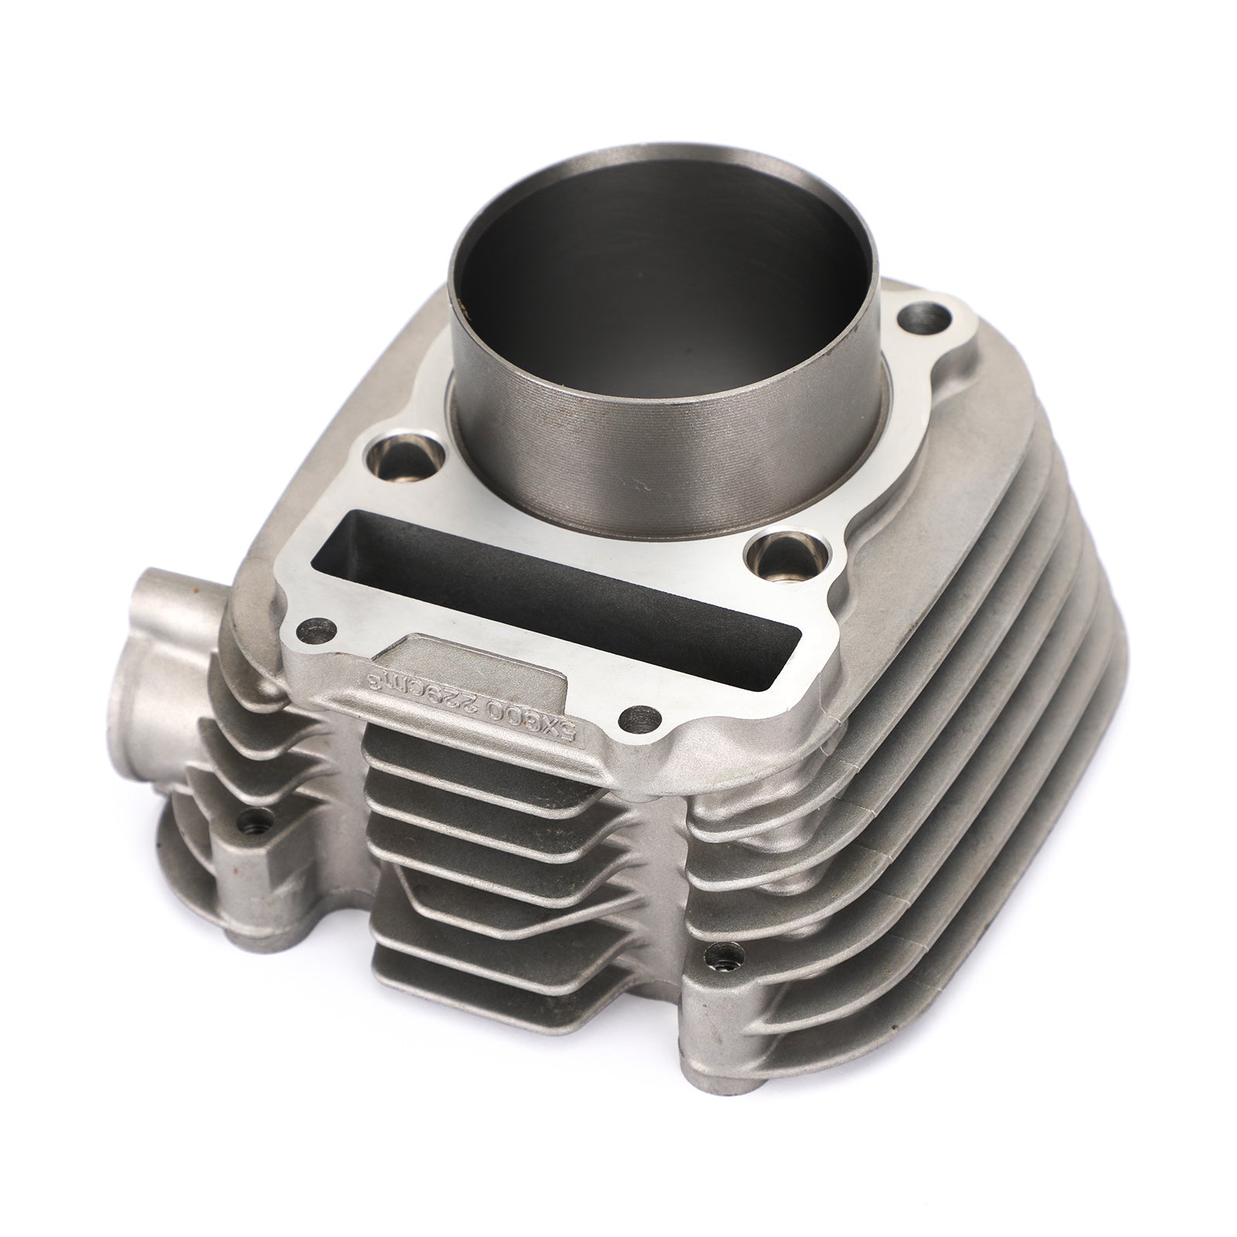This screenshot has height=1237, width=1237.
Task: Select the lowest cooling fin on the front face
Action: point(479,982)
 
